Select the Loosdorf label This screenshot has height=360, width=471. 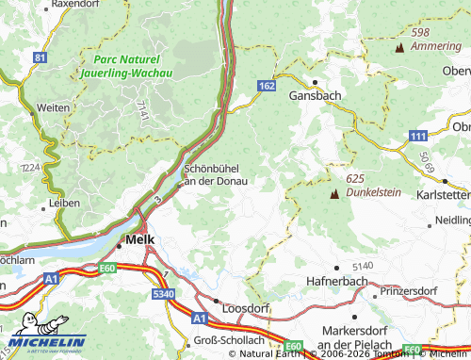pos(245,308)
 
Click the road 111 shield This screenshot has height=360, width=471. pos(418,137)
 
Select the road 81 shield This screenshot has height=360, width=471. pos(39,58)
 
